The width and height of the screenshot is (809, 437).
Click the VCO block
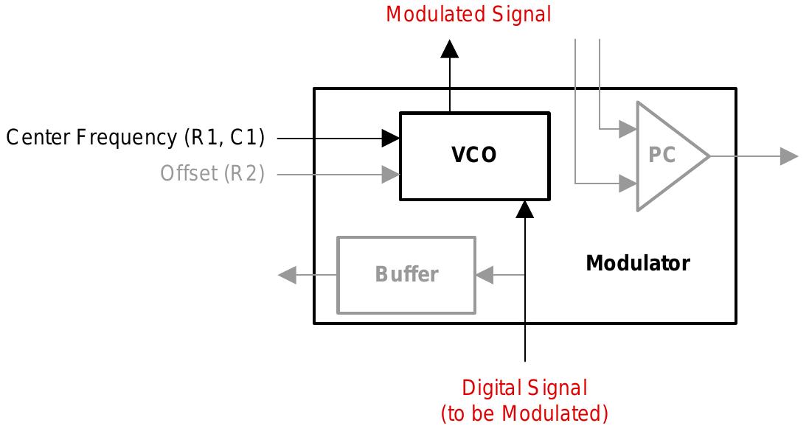(x=474, y=155)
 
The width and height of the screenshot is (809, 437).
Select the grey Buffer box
(x=406, y=274)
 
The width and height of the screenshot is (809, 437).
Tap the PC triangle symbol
(x=667, y=155)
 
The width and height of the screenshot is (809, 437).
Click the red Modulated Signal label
(x=468, y=15)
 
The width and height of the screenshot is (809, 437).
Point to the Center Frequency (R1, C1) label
(x=135, y=137)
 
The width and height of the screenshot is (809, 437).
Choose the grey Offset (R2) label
(x=212, y=174)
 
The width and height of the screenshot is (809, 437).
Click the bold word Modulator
(x=638, y=263)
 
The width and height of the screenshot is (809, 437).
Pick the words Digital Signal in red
(x=524, y=388)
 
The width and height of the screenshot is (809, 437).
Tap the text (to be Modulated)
(x=524, y=414)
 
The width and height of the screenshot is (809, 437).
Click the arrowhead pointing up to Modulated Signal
(x=450, y=49)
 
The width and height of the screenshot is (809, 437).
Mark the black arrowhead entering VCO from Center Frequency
(x=390, y=137)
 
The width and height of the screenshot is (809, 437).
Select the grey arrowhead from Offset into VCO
(x=390, y=175)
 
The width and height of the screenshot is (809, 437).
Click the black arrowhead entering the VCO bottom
(x=524, y=209)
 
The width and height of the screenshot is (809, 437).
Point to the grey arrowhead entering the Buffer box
(x=485, y=275)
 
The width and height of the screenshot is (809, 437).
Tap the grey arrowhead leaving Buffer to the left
(x=287, y=275)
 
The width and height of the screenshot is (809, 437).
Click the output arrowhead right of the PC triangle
(x=789, y=155)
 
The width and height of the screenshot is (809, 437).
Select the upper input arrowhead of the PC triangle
(x=628, y=129)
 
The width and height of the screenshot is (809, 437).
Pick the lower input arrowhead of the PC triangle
(x=628, y=182)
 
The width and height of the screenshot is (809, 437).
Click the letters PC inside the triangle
(x=662, y=155)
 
